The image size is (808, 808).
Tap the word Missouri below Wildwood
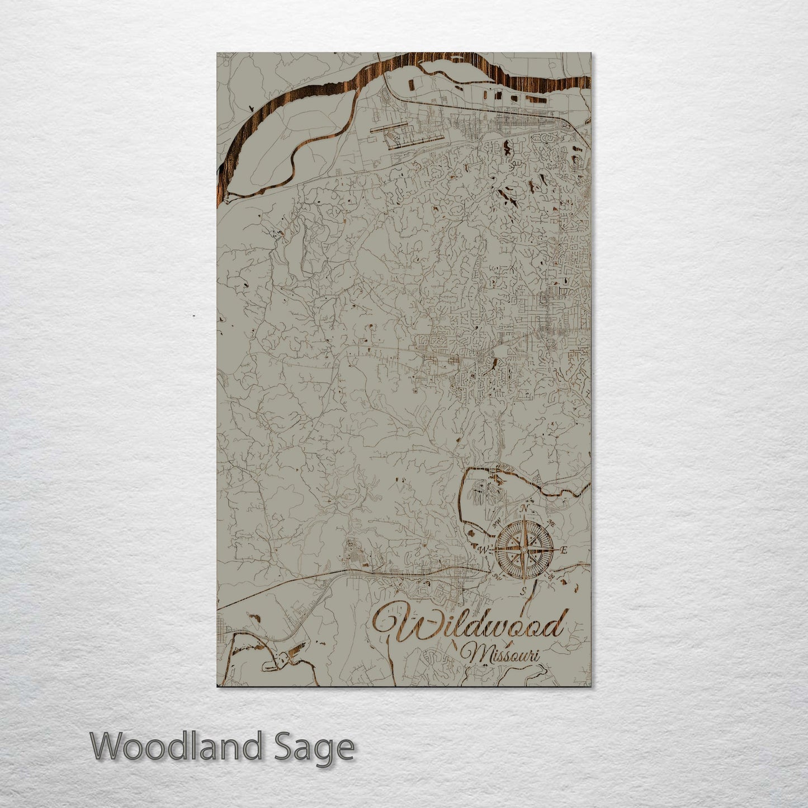pyautogui.click(x=501, y=654)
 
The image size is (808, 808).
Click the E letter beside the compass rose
pyautogui.click(x=564, y=550)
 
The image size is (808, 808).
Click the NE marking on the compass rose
pyautogui.click(x=551, y=523)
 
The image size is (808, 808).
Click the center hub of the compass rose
pyautogui.click(x=523, y=550)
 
